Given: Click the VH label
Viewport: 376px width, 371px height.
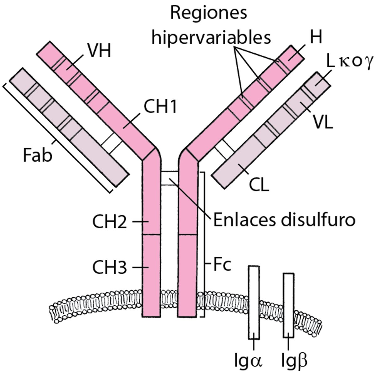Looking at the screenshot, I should coord(99,51).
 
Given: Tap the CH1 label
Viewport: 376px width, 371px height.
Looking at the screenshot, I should coord(160,107).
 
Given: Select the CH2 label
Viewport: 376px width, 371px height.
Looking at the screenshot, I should coord(109,222).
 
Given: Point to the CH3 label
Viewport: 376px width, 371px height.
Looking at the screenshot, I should coord(109,268).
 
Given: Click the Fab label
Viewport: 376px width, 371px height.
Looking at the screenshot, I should coord(37,155).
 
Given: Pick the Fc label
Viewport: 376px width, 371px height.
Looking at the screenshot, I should coord(222,265).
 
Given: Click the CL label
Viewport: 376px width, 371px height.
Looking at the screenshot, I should coord(259,185).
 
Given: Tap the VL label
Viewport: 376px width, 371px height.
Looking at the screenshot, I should coord(323,122).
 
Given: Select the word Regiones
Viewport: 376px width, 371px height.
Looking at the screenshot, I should coord(208,13).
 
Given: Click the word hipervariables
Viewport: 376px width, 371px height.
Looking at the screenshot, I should coord(211,38).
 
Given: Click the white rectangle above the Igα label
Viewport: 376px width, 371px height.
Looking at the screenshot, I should coord(254,302).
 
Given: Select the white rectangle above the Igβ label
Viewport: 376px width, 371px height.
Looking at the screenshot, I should coord(289,306).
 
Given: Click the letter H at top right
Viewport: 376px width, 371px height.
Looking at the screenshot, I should coord(316,38).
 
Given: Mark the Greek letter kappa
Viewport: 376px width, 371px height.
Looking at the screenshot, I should coord(342,62).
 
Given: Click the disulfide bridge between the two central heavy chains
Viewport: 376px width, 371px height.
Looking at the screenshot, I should coord(170,178).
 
